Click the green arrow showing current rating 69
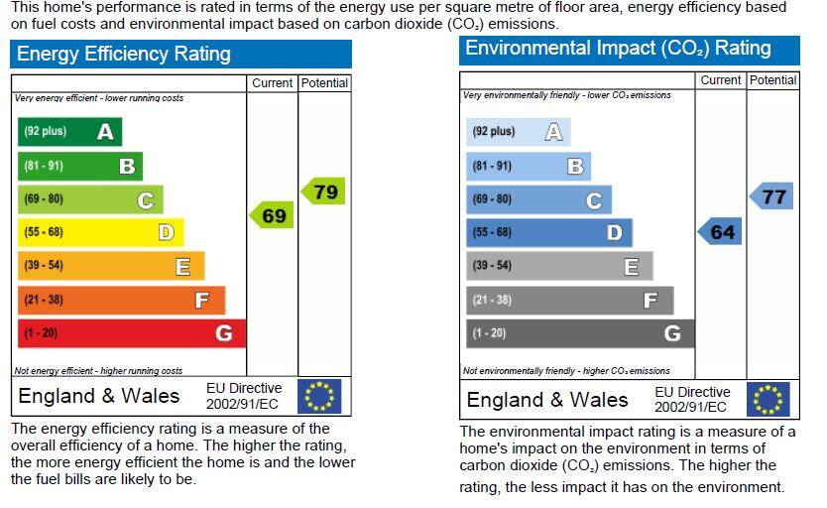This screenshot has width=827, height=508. click(271, 215)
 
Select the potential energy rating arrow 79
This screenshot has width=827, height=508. click(323, 190)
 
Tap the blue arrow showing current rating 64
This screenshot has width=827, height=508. click(719, 231)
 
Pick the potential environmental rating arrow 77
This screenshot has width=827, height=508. click(771, 196)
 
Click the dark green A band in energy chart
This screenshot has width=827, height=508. click(69, 131)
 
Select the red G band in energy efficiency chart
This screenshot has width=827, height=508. click(132, 333)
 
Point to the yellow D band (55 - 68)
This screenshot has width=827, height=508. click(101, 232)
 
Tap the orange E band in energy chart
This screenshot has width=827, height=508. click(111, 266)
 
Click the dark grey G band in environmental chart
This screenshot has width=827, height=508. click(580, 333)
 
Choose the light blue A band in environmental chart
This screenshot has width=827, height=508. click(518, 132)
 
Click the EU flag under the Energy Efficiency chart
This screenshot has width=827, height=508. click(319, 396)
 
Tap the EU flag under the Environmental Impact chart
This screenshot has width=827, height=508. click(768, 399)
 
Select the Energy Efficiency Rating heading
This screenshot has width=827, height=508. click(123, 54)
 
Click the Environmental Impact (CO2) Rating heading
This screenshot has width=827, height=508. click(618, 48)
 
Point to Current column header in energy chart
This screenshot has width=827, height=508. click(272, 82)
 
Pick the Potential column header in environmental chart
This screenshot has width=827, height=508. click(773, 80)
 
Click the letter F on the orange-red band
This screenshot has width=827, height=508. click(202, 301)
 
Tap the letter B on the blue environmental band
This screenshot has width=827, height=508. click(575, 167)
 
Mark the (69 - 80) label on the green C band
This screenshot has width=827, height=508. click(44, 198)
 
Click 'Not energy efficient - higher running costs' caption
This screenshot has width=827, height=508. click(98, 371)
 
